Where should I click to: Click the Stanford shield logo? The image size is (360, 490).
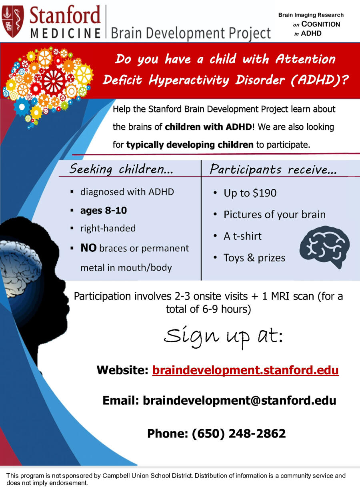click(x=13, y=21)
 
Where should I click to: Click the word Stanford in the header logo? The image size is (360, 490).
click(x=65, y=15)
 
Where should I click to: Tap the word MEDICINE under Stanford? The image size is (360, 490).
click(x=66, y=33)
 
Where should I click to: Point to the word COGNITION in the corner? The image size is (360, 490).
click(x=321, y=24)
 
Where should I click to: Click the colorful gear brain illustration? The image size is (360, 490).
click(x=48, y=87)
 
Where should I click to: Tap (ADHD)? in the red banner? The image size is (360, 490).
click(x=319, y=80)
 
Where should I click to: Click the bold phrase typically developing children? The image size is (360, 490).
click(x=190, y=145)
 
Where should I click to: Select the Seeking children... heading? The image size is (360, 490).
click(x=121, y=169)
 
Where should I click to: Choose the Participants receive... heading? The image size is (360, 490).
click(x=273, y=169)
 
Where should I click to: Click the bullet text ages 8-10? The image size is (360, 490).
click(x=104, y=211)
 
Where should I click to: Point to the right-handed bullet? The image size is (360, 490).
click(x=108, y=228)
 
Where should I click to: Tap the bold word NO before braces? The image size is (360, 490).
click(x=88, y=248)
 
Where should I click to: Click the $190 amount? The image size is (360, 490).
click(x=264, y=193)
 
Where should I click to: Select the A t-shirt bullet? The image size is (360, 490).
click(x=242, y=236)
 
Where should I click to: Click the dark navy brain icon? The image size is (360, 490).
click(x=324, y=247)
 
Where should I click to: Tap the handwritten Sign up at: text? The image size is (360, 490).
click(x=223, y=336)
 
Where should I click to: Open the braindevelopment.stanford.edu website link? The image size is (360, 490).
click(x=246, y=370)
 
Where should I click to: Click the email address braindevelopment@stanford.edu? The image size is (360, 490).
click(x=239, y=400)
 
